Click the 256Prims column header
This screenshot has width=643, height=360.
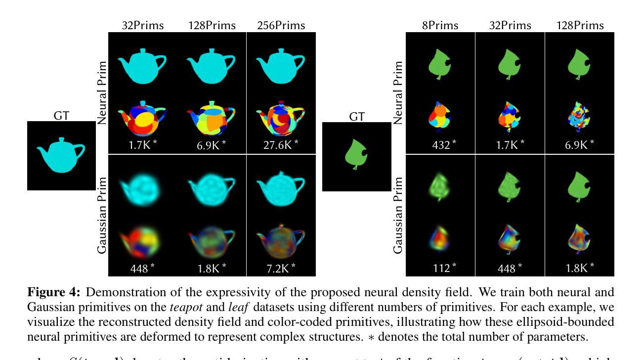tap(281, 25)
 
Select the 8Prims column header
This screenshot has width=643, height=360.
tap(440, 25)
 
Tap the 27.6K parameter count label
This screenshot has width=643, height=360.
tap(280, 144)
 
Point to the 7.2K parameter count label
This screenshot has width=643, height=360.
tap(280, 268)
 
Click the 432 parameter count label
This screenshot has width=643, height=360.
tap(439, 144)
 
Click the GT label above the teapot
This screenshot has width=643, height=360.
tap(61, 116)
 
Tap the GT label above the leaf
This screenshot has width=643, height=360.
tap(357, 117)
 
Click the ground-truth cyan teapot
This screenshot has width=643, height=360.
tap(61, 155)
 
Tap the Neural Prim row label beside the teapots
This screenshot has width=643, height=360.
tap(102, 93)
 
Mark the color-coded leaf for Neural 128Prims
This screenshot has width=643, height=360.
tap(579, 119)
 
